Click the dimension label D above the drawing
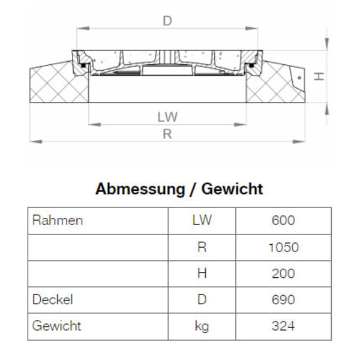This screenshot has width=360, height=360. pos(167,21)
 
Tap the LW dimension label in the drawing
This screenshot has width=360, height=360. pos(167,116)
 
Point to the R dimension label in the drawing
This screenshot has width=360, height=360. pos(167,134)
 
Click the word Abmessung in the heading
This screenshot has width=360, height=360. pos(140,190)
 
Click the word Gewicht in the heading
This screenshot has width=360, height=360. pos(232,190)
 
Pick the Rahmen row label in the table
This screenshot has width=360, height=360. pos(57,220)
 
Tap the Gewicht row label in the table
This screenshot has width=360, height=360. pos(56,326)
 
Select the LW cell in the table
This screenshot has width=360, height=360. pos(202,220)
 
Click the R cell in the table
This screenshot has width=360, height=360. pos(202,247)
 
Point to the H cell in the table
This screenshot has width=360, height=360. pos(202,273)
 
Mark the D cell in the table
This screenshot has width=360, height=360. pos(202,299)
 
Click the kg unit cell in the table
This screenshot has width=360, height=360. pos(202,326)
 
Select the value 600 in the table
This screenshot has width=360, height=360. pos(283,220)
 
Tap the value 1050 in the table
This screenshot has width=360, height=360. pos(283,247)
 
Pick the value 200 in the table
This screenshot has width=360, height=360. pos(283,273)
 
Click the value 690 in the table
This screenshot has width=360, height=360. pos(283,299)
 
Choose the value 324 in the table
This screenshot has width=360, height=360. pos(283,326)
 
